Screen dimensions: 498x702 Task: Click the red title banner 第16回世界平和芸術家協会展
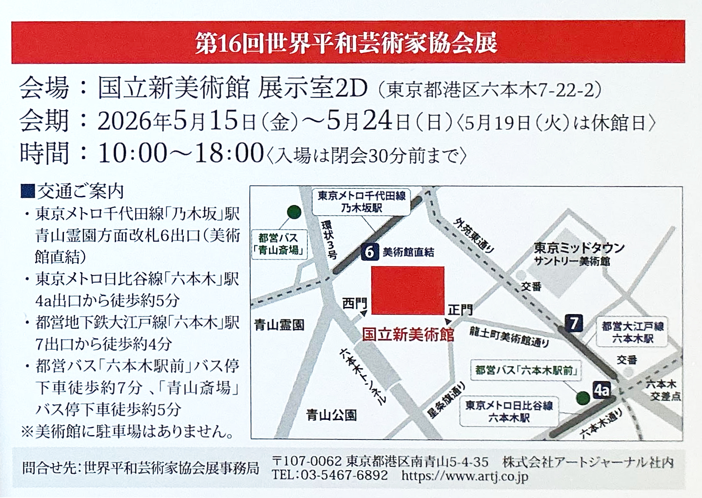347,42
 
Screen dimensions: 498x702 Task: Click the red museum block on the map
408,290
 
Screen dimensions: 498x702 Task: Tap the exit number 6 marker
369,251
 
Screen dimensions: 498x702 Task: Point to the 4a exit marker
602,390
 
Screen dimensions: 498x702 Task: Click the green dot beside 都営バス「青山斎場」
294,212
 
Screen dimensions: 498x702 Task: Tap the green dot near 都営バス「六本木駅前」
582,398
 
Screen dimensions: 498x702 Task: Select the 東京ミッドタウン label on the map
579,248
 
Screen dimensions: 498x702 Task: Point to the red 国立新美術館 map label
408,335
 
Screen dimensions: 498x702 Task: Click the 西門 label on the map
354,303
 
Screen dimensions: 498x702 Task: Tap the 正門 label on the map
460,310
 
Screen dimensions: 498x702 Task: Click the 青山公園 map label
332,415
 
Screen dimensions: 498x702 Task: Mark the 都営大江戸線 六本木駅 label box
632,332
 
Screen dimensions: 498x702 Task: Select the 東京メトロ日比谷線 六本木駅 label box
508,411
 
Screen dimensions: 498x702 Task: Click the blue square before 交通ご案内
28,190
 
